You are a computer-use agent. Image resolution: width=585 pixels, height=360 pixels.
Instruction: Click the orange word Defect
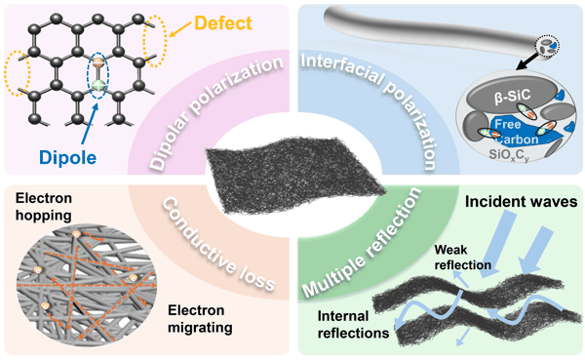[223, 23]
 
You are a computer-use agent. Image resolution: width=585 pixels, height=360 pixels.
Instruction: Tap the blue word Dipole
[67, 157]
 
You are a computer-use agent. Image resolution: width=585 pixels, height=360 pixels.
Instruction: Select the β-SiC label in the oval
[512, 96]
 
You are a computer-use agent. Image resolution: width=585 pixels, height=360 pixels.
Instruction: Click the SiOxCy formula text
[509, 154]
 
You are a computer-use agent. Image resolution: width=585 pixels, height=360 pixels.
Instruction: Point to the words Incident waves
[522, 202]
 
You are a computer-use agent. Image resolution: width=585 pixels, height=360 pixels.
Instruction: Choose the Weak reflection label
[462, 258]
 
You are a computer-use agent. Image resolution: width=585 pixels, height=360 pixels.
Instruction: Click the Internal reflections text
[353, 324]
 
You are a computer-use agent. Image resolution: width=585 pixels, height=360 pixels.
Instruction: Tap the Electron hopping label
[44, 207]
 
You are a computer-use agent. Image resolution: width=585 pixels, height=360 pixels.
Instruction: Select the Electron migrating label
[200, 319]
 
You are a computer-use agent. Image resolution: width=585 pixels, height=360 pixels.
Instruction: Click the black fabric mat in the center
[294, 175]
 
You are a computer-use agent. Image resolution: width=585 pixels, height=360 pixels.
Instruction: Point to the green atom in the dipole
[97, 85]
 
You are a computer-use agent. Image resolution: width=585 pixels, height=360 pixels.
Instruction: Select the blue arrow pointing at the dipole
[90, 123]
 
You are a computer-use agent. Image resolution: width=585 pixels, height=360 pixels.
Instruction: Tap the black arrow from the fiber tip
[526, 62]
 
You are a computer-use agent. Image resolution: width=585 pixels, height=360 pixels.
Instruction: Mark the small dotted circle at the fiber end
[547, 46]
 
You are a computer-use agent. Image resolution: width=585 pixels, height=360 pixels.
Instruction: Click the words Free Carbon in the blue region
[516, 132]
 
